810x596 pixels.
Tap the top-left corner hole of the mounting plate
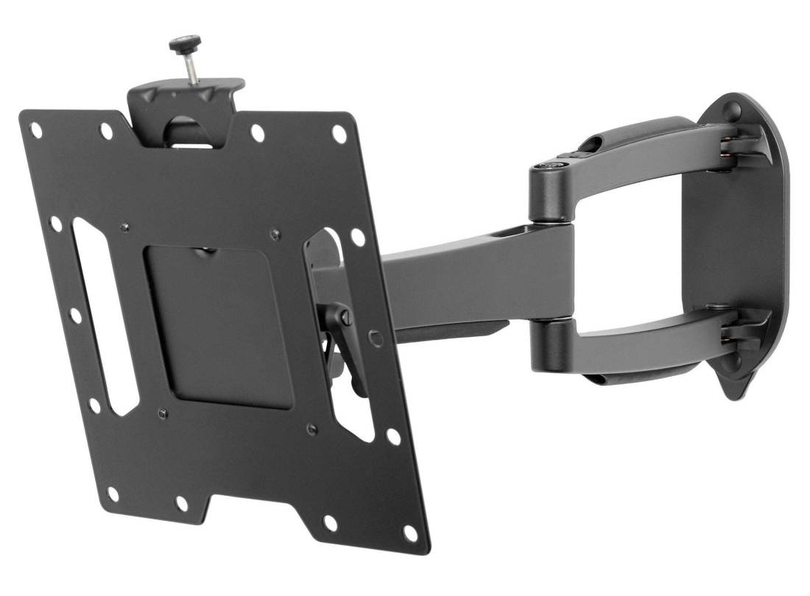click(35, 130)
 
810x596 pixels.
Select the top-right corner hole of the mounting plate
click(339, 134)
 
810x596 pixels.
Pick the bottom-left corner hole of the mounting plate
click(113, 494)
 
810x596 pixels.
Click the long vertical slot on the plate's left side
click(104, 316)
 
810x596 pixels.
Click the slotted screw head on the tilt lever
click(344, 317)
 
